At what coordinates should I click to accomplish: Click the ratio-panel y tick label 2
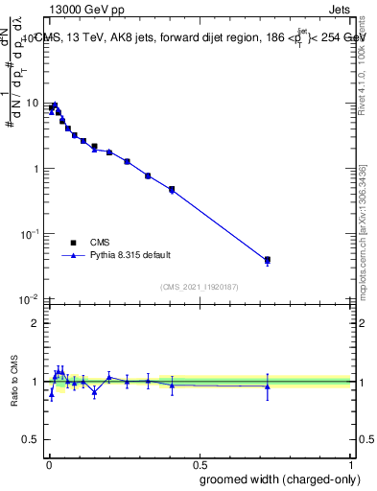[35, 323]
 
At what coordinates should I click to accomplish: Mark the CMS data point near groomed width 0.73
[268, 260]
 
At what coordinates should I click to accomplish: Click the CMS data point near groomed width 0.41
[172, 189]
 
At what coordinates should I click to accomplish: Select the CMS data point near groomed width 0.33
[148, 175]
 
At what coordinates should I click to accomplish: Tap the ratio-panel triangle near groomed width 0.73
[268, 386]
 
